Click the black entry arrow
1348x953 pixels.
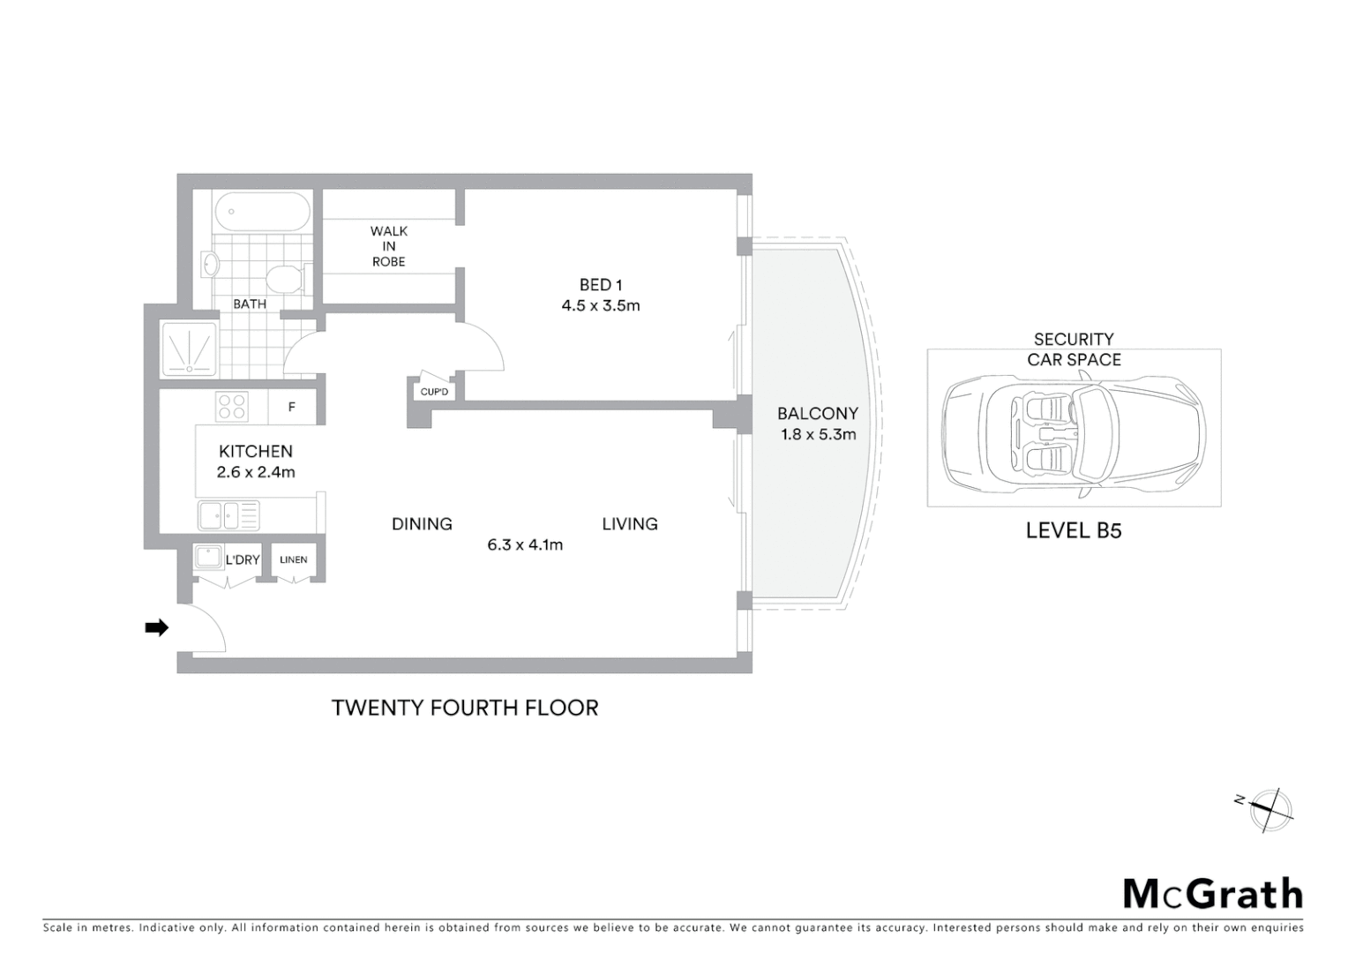(x=156, y=628)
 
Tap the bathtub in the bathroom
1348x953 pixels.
(x=262, y=212)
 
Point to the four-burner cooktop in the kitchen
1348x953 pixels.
(x=232, y=407)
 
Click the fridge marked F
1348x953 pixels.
(x=292, y=408)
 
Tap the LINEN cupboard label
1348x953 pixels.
(x=294, y=560)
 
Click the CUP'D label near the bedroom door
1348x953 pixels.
(x=434, y=392)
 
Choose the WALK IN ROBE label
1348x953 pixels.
(x=388, y=246)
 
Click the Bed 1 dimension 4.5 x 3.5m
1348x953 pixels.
(x=601, y=306)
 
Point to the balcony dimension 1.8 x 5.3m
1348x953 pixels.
(x=818, y=434)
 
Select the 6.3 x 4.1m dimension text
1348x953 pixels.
(x=525, y=545)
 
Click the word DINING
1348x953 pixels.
(x=422, y=524)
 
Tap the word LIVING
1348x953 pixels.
(x=630, y=524)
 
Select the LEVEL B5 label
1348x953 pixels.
(x=1074, y=530)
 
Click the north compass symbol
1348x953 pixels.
(x=1269, y=809)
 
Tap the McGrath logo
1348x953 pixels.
(x=1213, y=894)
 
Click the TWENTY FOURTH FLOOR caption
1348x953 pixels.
(x=465, y=708)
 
